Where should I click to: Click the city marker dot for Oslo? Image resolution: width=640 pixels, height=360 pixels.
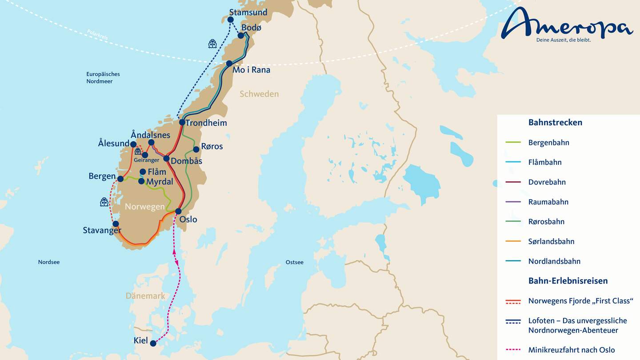[x=178, y=211]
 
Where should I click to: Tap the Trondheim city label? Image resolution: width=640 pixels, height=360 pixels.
[x=206, y=123]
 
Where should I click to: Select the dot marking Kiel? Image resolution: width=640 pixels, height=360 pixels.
[x=153, y=343]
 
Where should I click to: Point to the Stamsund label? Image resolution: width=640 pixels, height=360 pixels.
[x=248, y=12]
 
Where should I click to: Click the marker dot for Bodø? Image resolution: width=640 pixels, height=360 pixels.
[x=241, y=36]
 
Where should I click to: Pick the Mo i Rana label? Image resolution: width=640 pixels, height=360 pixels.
[x=252, y=70]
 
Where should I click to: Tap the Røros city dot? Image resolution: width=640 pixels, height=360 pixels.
[x=196, y=149]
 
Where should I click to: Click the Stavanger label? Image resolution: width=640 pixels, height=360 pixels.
[x=102, y=230]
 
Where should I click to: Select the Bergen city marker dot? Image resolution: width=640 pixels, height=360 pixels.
[x=120, y=179]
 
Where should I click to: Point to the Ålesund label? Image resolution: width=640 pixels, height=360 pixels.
[x=113, y=144]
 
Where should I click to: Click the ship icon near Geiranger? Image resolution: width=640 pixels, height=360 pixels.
[x=138, y=151]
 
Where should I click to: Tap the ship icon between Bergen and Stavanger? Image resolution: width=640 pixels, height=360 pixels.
[x=104, y=202]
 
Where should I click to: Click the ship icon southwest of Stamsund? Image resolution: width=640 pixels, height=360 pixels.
[x=212, y=44]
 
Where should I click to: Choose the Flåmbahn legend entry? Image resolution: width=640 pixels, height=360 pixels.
[x=545, y=162]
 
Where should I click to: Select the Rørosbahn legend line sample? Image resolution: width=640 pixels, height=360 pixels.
[x=513, y=222]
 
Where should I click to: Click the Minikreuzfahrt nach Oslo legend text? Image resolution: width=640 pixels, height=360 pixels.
[x=572, y=350]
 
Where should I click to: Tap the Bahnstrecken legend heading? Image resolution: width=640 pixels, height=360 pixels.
[x=555, y=123]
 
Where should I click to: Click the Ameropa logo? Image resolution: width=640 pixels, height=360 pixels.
[x=567, y=26]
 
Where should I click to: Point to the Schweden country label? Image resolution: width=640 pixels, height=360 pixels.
[x=259, y=94]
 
